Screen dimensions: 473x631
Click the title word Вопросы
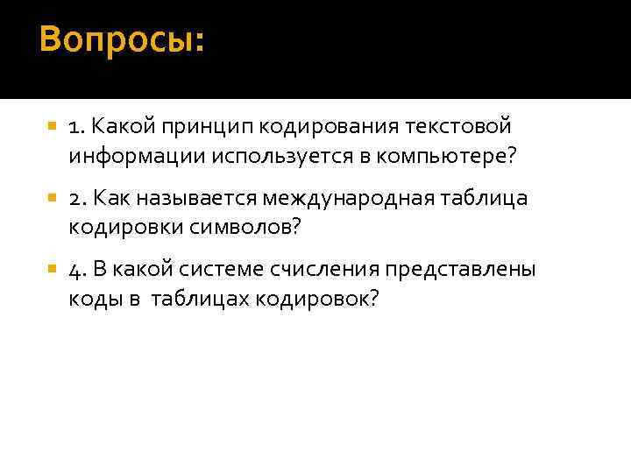120,40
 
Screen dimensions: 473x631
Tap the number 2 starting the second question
76,199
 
